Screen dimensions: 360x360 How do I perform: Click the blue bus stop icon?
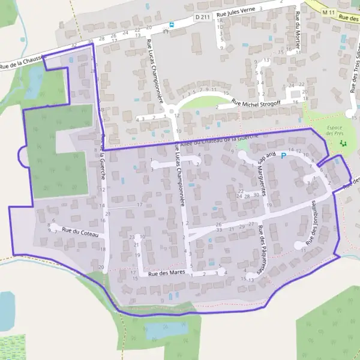(x=172, y=25)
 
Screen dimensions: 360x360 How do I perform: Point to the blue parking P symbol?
(x=284, y=155)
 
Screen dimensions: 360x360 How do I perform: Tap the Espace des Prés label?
(x=338, y=130)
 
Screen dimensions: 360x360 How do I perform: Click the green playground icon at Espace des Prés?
(x=343, y=144)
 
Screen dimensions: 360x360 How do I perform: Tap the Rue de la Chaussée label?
(x=21, y=61)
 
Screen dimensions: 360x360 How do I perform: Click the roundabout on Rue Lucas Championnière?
(x=173, y=111)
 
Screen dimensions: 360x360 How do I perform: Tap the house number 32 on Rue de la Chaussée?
(x=74, y=45)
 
